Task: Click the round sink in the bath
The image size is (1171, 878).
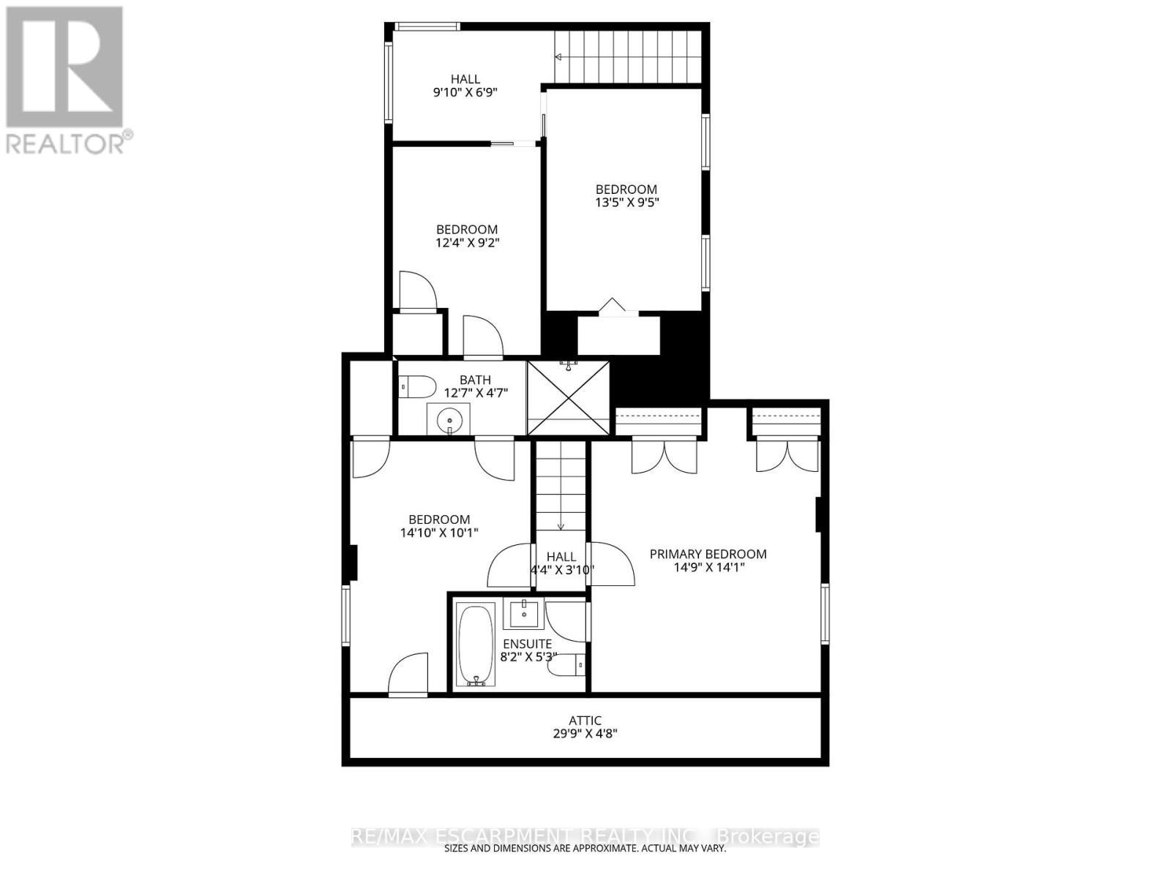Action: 449,421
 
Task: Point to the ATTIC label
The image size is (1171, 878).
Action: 585,721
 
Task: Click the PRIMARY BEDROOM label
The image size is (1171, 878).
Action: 708,554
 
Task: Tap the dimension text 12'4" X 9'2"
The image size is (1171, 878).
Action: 467,243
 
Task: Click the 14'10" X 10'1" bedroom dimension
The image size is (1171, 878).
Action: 439,533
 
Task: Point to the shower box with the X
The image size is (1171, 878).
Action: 569,398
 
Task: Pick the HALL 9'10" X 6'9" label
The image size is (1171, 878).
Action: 465,86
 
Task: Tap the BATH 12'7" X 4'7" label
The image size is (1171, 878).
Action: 475,386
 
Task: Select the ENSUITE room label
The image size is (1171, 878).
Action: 527,644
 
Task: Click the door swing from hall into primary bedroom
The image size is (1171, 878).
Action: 612,563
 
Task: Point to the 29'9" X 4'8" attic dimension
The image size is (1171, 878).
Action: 585,734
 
